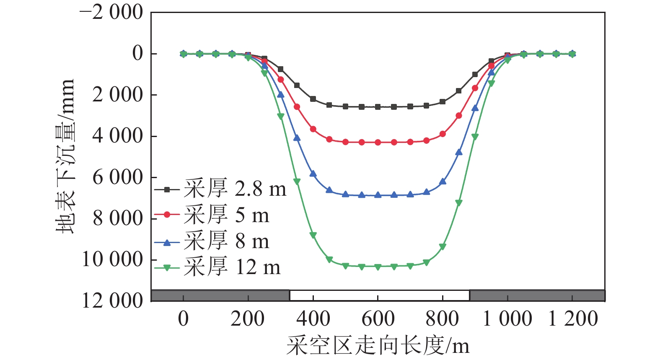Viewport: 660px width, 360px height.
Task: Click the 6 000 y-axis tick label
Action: pos(118,177)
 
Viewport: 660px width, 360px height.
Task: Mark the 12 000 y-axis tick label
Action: pos(112,300)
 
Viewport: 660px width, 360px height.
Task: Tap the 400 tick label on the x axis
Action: pos(313,319)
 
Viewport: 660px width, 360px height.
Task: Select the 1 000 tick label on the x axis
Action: pos(507,319)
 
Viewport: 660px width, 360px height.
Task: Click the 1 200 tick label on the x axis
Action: pos(573,319)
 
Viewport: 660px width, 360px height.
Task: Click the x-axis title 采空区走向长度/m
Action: pos(378,346)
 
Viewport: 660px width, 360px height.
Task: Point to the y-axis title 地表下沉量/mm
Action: pos(66,156)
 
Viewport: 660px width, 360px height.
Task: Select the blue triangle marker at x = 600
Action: pos(378,195)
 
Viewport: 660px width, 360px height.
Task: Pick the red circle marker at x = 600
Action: pos(378,142)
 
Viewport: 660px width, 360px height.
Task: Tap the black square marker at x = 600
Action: pos(378,107)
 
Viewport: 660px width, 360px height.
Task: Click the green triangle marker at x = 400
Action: pos(313,236)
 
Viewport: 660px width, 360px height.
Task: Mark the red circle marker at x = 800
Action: pos(443,134)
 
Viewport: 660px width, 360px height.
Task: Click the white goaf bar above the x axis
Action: pos(379,295)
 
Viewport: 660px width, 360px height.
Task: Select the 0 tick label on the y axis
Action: pos(137,54)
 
